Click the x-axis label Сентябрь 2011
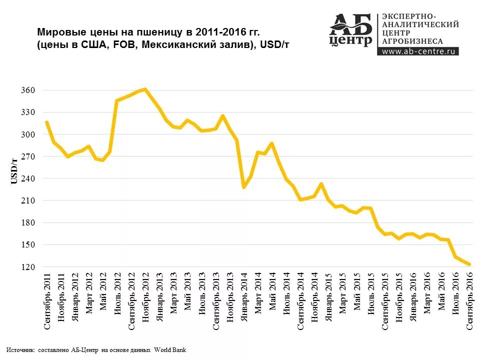coord(47,302)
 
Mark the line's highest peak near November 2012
coord(145,89)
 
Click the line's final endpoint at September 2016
coord(469,264)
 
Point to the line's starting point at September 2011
coord(46,122)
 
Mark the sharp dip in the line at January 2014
coord(243,187)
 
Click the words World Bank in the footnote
coord(170,350)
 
